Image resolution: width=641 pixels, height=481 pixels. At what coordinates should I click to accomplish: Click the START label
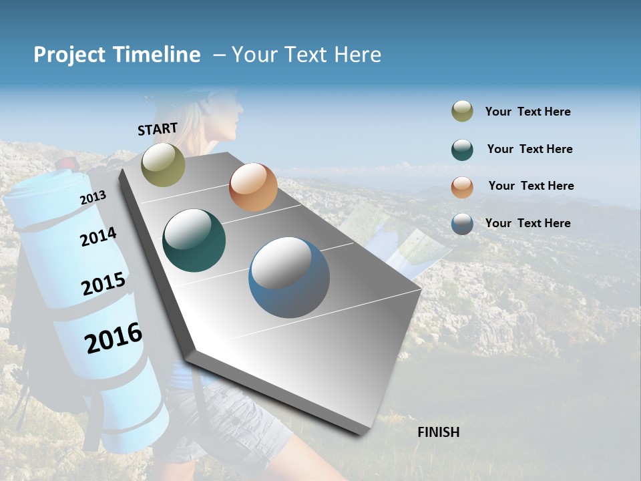[158, 128]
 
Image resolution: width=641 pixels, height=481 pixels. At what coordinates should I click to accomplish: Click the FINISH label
[438, 432]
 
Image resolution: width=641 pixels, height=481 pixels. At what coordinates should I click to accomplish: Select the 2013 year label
[93, 198]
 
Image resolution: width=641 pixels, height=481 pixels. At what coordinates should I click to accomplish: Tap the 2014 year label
[98, 236]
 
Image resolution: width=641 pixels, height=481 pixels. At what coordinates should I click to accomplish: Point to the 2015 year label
[103, 284]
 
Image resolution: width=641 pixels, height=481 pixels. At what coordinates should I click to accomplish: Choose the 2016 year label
[114, 338]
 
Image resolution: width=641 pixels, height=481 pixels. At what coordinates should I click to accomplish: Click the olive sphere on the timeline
[163, 164]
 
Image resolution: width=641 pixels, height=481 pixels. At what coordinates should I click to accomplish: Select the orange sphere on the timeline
[253, 187]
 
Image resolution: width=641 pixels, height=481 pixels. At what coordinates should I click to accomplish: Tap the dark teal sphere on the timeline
[194, 240]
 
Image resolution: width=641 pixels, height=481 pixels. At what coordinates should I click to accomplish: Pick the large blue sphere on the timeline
[289, 277]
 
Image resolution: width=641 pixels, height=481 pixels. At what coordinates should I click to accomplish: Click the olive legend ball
[462, 112]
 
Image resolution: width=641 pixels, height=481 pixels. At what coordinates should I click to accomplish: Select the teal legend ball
[462, 150]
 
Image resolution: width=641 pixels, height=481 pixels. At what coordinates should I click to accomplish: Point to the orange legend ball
[462, 186]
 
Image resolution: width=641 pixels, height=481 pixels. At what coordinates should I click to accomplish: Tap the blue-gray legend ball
[462, 224]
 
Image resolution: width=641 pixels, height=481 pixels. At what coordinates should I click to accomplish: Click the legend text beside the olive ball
[527, 112]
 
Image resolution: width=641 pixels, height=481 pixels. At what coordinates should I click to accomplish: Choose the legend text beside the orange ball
[531, 186]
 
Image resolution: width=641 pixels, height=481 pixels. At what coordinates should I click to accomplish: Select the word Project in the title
[69, 55]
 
